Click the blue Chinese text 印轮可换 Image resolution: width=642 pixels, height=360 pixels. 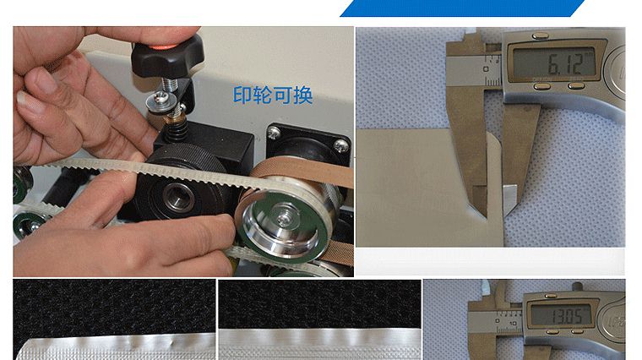pyautogui.click(x=273, y=95)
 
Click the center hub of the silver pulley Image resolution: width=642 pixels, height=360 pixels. pyautogui.click(x=282, y=223)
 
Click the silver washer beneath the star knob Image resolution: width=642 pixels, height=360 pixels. pyautogui.click(x=160, y=101)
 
